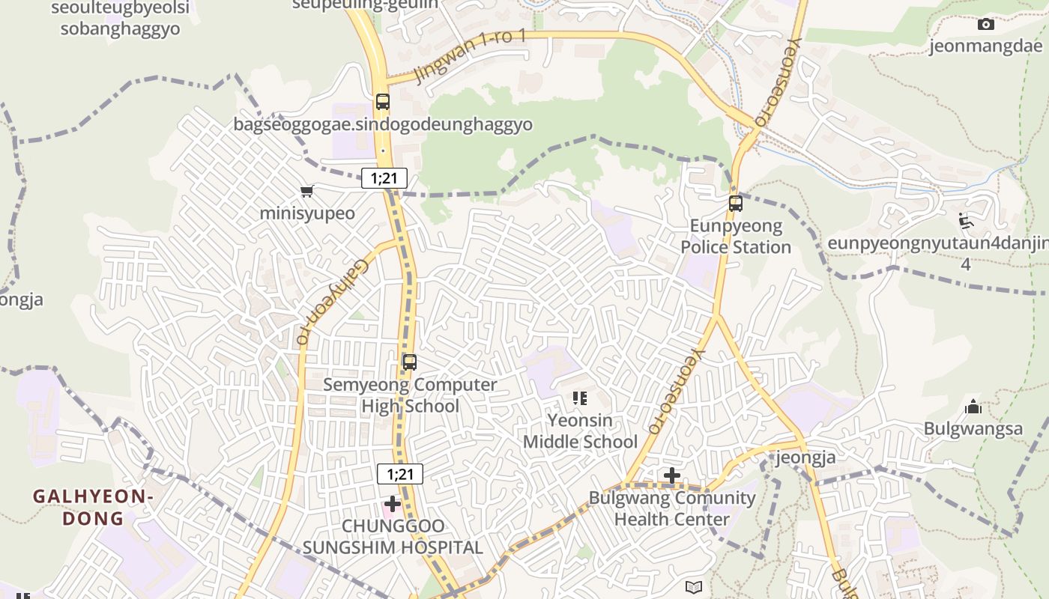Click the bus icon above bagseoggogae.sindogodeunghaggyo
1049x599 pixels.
coord(383,102)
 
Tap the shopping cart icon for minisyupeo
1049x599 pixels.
coord(306,192)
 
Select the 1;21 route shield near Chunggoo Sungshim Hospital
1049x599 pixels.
coord(400,474)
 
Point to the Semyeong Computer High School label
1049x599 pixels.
coord(410,395)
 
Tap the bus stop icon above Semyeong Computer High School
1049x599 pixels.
coord(409,362)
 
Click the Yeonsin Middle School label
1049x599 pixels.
coord(580,431)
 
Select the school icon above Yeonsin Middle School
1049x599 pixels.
coord(579,398)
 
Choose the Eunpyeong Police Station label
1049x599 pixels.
coord(736,237)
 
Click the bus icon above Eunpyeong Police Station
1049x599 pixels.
coord(736,203)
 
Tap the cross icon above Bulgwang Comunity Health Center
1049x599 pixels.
coord(672,475)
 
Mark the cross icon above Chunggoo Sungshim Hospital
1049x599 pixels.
coord(392,504)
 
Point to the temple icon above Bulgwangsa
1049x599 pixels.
coord(973,407)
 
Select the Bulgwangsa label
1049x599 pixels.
coord(973,429)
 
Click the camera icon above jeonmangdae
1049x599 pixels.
coord(986,25)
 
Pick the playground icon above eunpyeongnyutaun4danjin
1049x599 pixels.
coord(966,221)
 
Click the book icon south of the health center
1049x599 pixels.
coord(694,587)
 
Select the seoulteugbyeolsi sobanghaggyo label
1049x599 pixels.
coord(120,19)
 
